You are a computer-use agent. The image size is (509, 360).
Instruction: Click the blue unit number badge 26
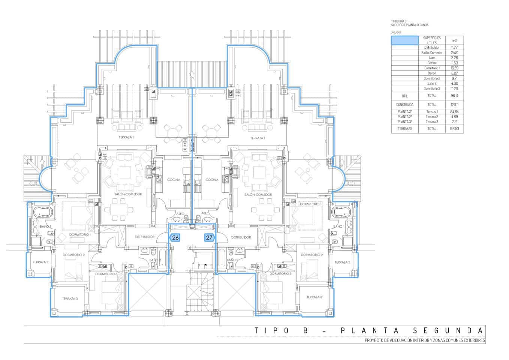[175, 237]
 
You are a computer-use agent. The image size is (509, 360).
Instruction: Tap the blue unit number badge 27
[209, 237]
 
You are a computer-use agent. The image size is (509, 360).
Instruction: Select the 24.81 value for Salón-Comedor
[454, 53]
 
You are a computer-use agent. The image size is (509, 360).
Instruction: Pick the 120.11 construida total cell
[454, 105]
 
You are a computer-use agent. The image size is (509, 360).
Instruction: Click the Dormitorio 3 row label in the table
[432, 88]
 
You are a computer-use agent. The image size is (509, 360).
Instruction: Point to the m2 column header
[454, 40]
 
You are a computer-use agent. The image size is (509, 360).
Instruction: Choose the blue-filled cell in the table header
[405, 40]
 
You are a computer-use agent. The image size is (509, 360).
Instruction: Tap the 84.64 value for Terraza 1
[454, 112]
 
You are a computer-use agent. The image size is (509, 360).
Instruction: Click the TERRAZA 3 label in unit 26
[70, 298]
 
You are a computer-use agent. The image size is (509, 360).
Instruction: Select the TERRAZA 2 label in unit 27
[342, 262]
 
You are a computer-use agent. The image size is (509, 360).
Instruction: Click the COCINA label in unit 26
[174, 180]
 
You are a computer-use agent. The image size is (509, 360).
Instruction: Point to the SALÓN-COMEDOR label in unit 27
[258, 195]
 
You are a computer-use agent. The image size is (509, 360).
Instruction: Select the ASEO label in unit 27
[205, 213]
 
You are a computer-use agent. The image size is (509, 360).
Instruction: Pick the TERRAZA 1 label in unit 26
[126, 138]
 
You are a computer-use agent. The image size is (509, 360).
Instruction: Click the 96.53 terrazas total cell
[454, 129]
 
